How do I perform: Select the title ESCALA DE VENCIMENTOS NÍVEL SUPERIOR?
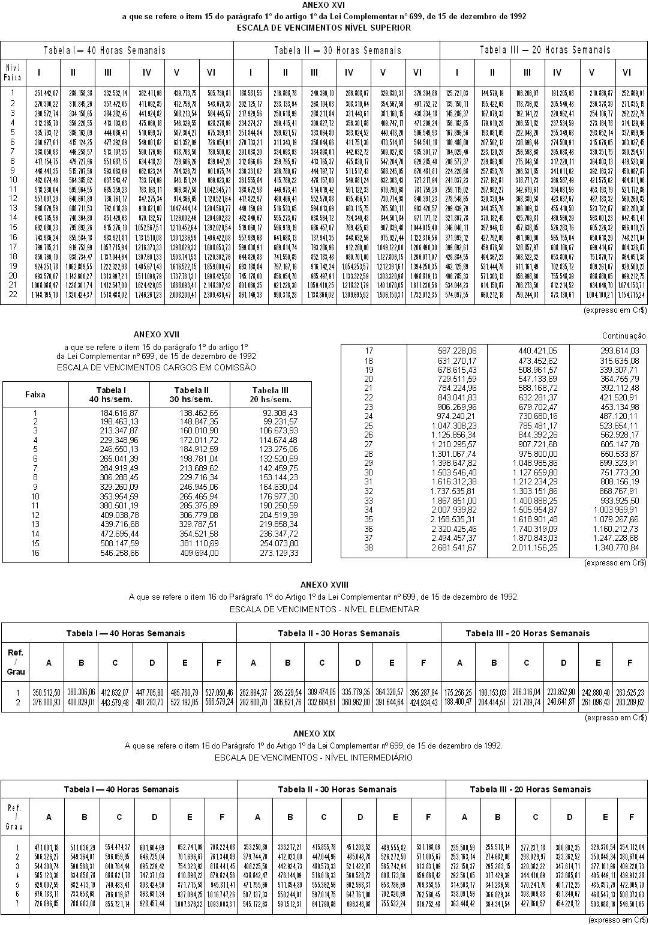[x=324, y=28]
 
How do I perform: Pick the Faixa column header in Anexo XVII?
[x=35, y=394]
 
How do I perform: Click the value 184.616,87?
[x=119, y=413]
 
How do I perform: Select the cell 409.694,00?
[x=199, y=553]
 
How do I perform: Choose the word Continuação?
[x=624, y=336]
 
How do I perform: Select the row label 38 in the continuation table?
[x=368, y=547]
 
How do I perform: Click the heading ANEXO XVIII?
[x=324, y=585]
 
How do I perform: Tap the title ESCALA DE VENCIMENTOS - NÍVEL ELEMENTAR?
[x=324, y=609]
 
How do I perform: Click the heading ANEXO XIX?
[x=314, y=734]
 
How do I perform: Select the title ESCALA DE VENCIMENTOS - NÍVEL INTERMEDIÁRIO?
[x=314, y=758]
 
